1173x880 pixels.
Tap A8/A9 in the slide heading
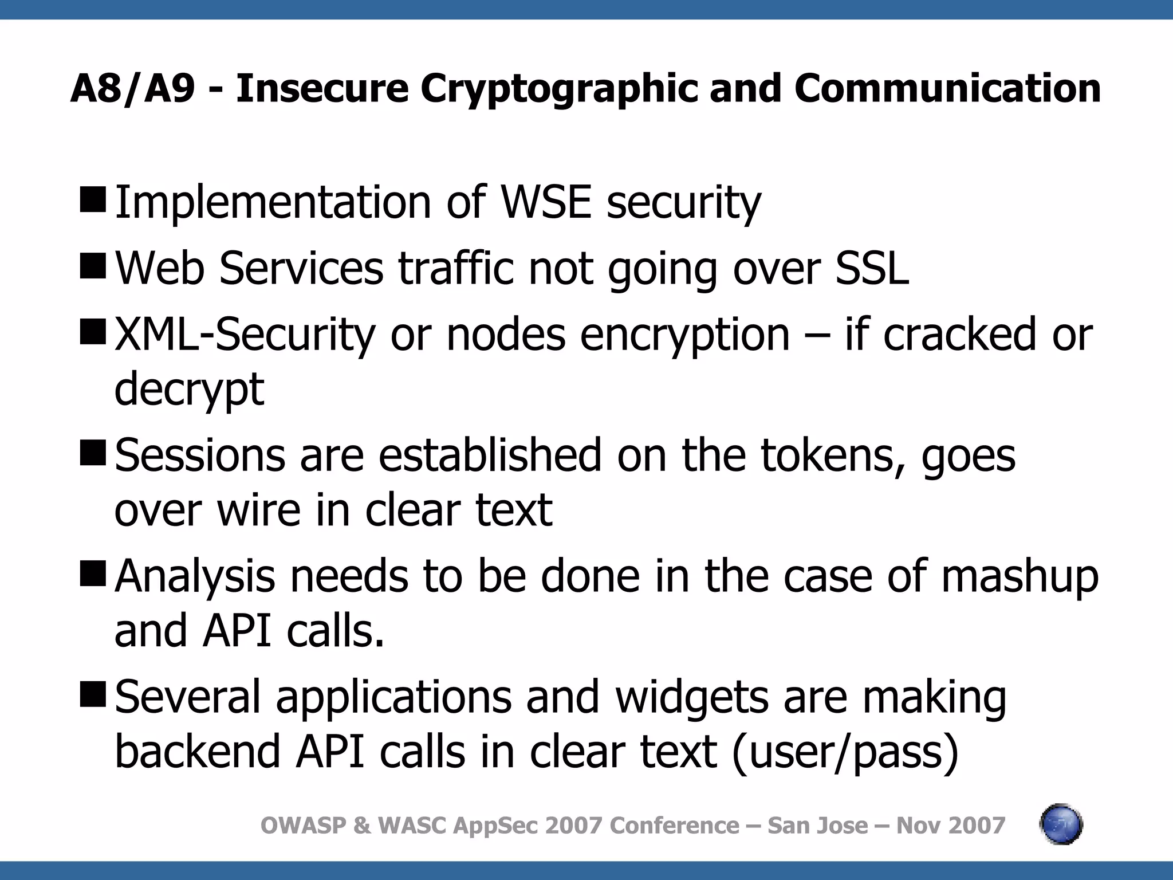132,89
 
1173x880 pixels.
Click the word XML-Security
245,335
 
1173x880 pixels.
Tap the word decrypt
189,390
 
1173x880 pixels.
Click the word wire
258,510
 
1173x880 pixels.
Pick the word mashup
1020,576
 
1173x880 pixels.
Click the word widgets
692,697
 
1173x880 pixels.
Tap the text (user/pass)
845,752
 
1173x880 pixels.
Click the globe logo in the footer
1061,825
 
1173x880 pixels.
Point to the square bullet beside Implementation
93,199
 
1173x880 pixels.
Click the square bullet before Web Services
93,265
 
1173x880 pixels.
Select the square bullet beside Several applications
93,694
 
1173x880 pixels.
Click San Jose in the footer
817,826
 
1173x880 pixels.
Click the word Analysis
195,576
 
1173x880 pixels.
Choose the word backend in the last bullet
198,752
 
